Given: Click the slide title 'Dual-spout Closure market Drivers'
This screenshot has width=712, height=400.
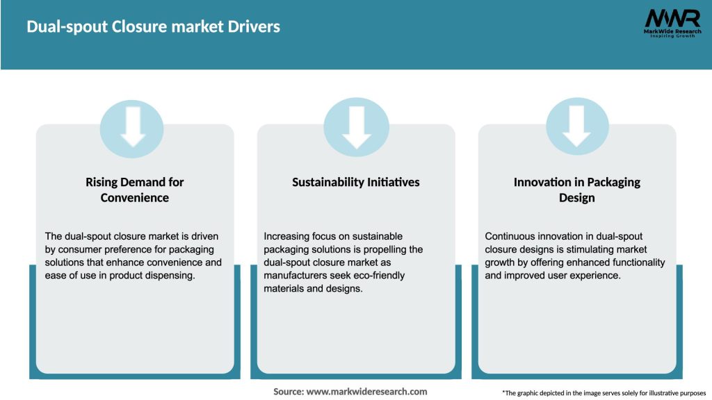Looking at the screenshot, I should [x=153, y=27].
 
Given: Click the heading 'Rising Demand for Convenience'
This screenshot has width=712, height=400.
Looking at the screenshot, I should [x=135, y=190].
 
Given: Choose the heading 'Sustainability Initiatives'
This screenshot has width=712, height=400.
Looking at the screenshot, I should [x=356, y=182].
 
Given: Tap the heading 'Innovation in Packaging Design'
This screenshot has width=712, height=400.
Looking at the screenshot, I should [x=576, y=190].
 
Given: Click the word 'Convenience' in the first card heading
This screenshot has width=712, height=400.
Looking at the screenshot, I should [x=135, y=198].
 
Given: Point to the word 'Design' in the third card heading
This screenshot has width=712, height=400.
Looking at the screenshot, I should [x=576, y=198].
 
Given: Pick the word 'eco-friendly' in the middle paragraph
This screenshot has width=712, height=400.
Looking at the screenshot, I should [x=375, y=275].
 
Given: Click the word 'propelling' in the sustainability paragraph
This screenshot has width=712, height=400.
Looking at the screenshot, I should [x=397, y=249].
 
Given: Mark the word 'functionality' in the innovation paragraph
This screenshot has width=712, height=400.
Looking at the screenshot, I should [x=634, y=262].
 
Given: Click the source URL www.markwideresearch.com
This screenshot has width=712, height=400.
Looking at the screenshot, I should [x=366, y=392].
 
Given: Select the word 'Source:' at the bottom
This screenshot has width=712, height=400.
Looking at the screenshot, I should [x=289, y=392].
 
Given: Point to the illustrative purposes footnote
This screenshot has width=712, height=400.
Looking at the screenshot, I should [x=604, y=393].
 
